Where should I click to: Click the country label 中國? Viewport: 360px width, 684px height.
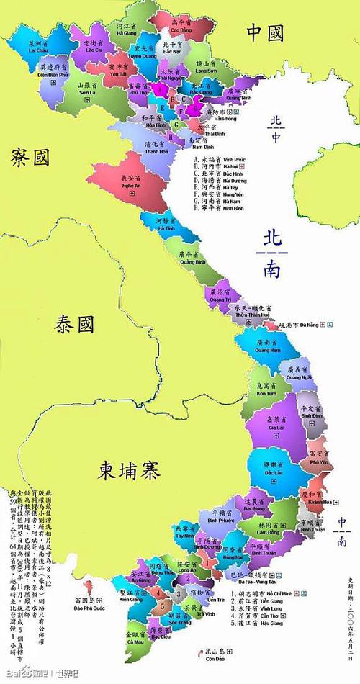click(x=264, y=32)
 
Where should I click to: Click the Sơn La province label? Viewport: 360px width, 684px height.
click(x=86, y=89)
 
